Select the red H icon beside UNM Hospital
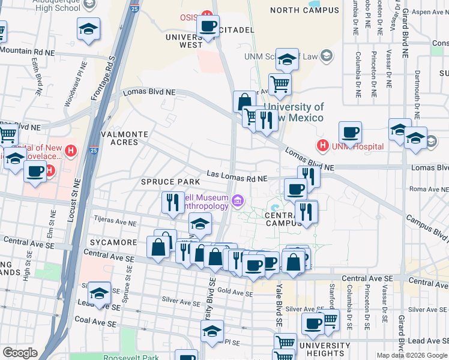(323, 145)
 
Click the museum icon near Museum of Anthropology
(238, 200)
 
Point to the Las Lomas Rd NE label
(237, 177)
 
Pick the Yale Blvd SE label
(279, 305)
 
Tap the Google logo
(20, 353)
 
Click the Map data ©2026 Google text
(412, 355)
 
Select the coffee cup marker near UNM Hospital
(350, 132)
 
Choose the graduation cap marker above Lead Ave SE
(99, 294)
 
